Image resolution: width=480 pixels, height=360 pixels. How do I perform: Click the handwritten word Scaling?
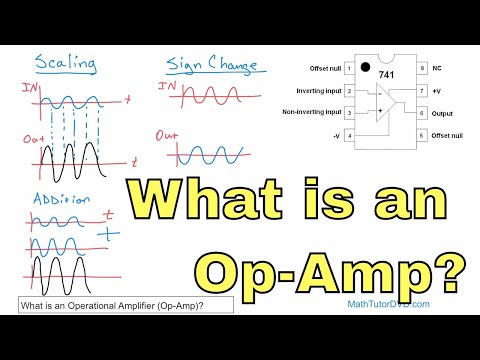pyautogui.click(x=65, y=64)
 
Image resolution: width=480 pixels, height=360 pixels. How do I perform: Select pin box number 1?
pyautogui.click(x=348, y=69)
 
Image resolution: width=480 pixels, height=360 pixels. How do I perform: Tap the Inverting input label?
pyautogui.click(x=314, y=91)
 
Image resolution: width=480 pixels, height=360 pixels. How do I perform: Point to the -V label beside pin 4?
pyautogui.click(x=333, y=135)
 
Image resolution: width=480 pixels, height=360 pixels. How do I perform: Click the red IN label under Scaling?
pyautogui.click(x=29, y=91)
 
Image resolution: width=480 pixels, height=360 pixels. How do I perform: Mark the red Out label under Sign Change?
pyautogui.click(x=168, y=135)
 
